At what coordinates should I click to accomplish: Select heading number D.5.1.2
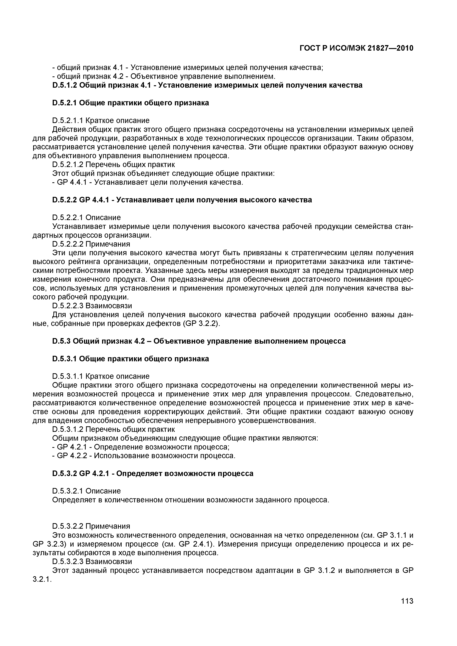pos(64,85)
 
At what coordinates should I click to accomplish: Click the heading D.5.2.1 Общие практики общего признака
pos(131,103)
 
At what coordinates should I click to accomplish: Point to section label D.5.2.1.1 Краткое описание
pos(101,121)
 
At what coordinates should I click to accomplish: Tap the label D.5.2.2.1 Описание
pos(86,217)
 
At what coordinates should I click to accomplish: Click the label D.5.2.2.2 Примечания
pos(91,244)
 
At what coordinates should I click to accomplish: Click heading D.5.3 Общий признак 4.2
pos(199,341)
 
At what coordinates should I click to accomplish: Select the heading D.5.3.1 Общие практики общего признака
pos(131,359)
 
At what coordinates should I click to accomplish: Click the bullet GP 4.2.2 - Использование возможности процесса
pos(144,456)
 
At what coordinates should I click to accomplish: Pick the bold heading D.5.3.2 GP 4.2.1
pos(153,473)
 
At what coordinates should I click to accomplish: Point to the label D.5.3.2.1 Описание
pos(86,491)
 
